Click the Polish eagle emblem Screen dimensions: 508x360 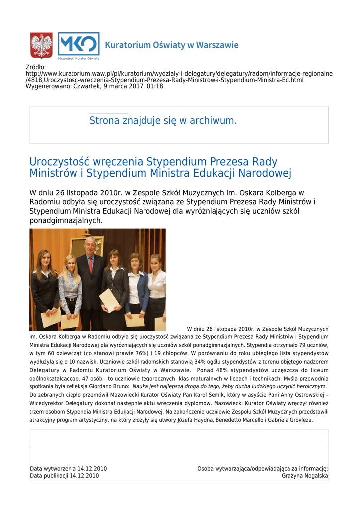[41, 46]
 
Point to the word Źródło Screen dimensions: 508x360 [36, 67]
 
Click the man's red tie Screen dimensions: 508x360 [90, 264]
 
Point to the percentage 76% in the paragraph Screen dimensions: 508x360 [128, 353]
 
